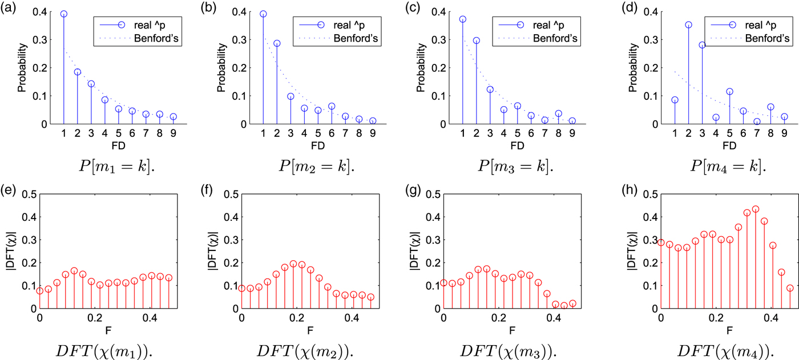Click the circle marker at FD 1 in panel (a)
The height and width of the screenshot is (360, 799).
point(64,14)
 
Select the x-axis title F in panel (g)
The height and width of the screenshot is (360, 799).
point(512,329)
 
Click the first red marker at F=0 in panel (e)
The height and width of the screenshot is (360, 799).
point(40,290)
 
